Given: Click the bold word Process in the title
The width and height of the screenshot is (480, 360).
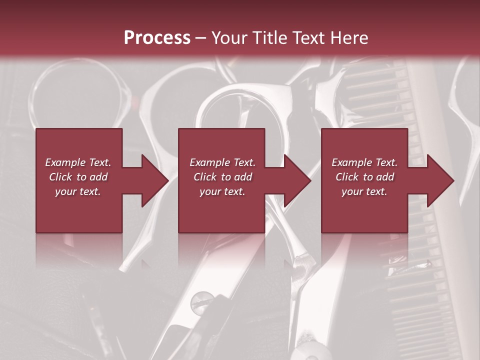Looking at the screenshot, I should (157, 38).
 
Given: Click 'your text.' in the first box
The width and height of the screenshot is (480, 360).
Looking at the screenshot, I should (78, 191).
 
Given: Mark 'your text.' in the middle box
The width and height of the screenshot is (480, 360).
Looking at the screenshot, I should (222, 191).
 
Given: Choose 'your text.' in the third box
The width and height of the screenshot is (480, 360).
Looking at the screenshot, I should (364, 191).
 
